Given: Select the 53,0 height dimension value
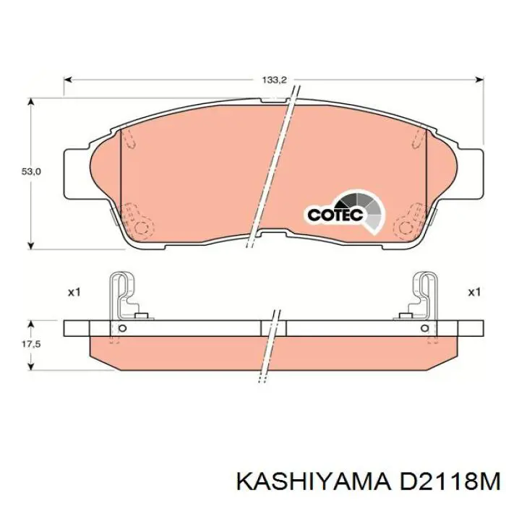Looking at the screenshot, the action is (x=31, y=172).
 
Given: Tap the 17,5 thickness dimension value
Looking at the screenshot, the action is (x=31, y=344).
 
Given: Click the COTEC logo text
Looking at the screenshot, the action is (x=335, y=215).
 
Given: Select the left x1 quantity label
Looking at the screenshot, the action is (x=74, y=292).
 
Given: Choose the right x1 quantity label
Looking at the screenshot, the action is (x=474, y=292).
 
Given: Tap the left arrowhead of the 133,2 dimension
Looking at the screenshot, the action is (x=67, y=80).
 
